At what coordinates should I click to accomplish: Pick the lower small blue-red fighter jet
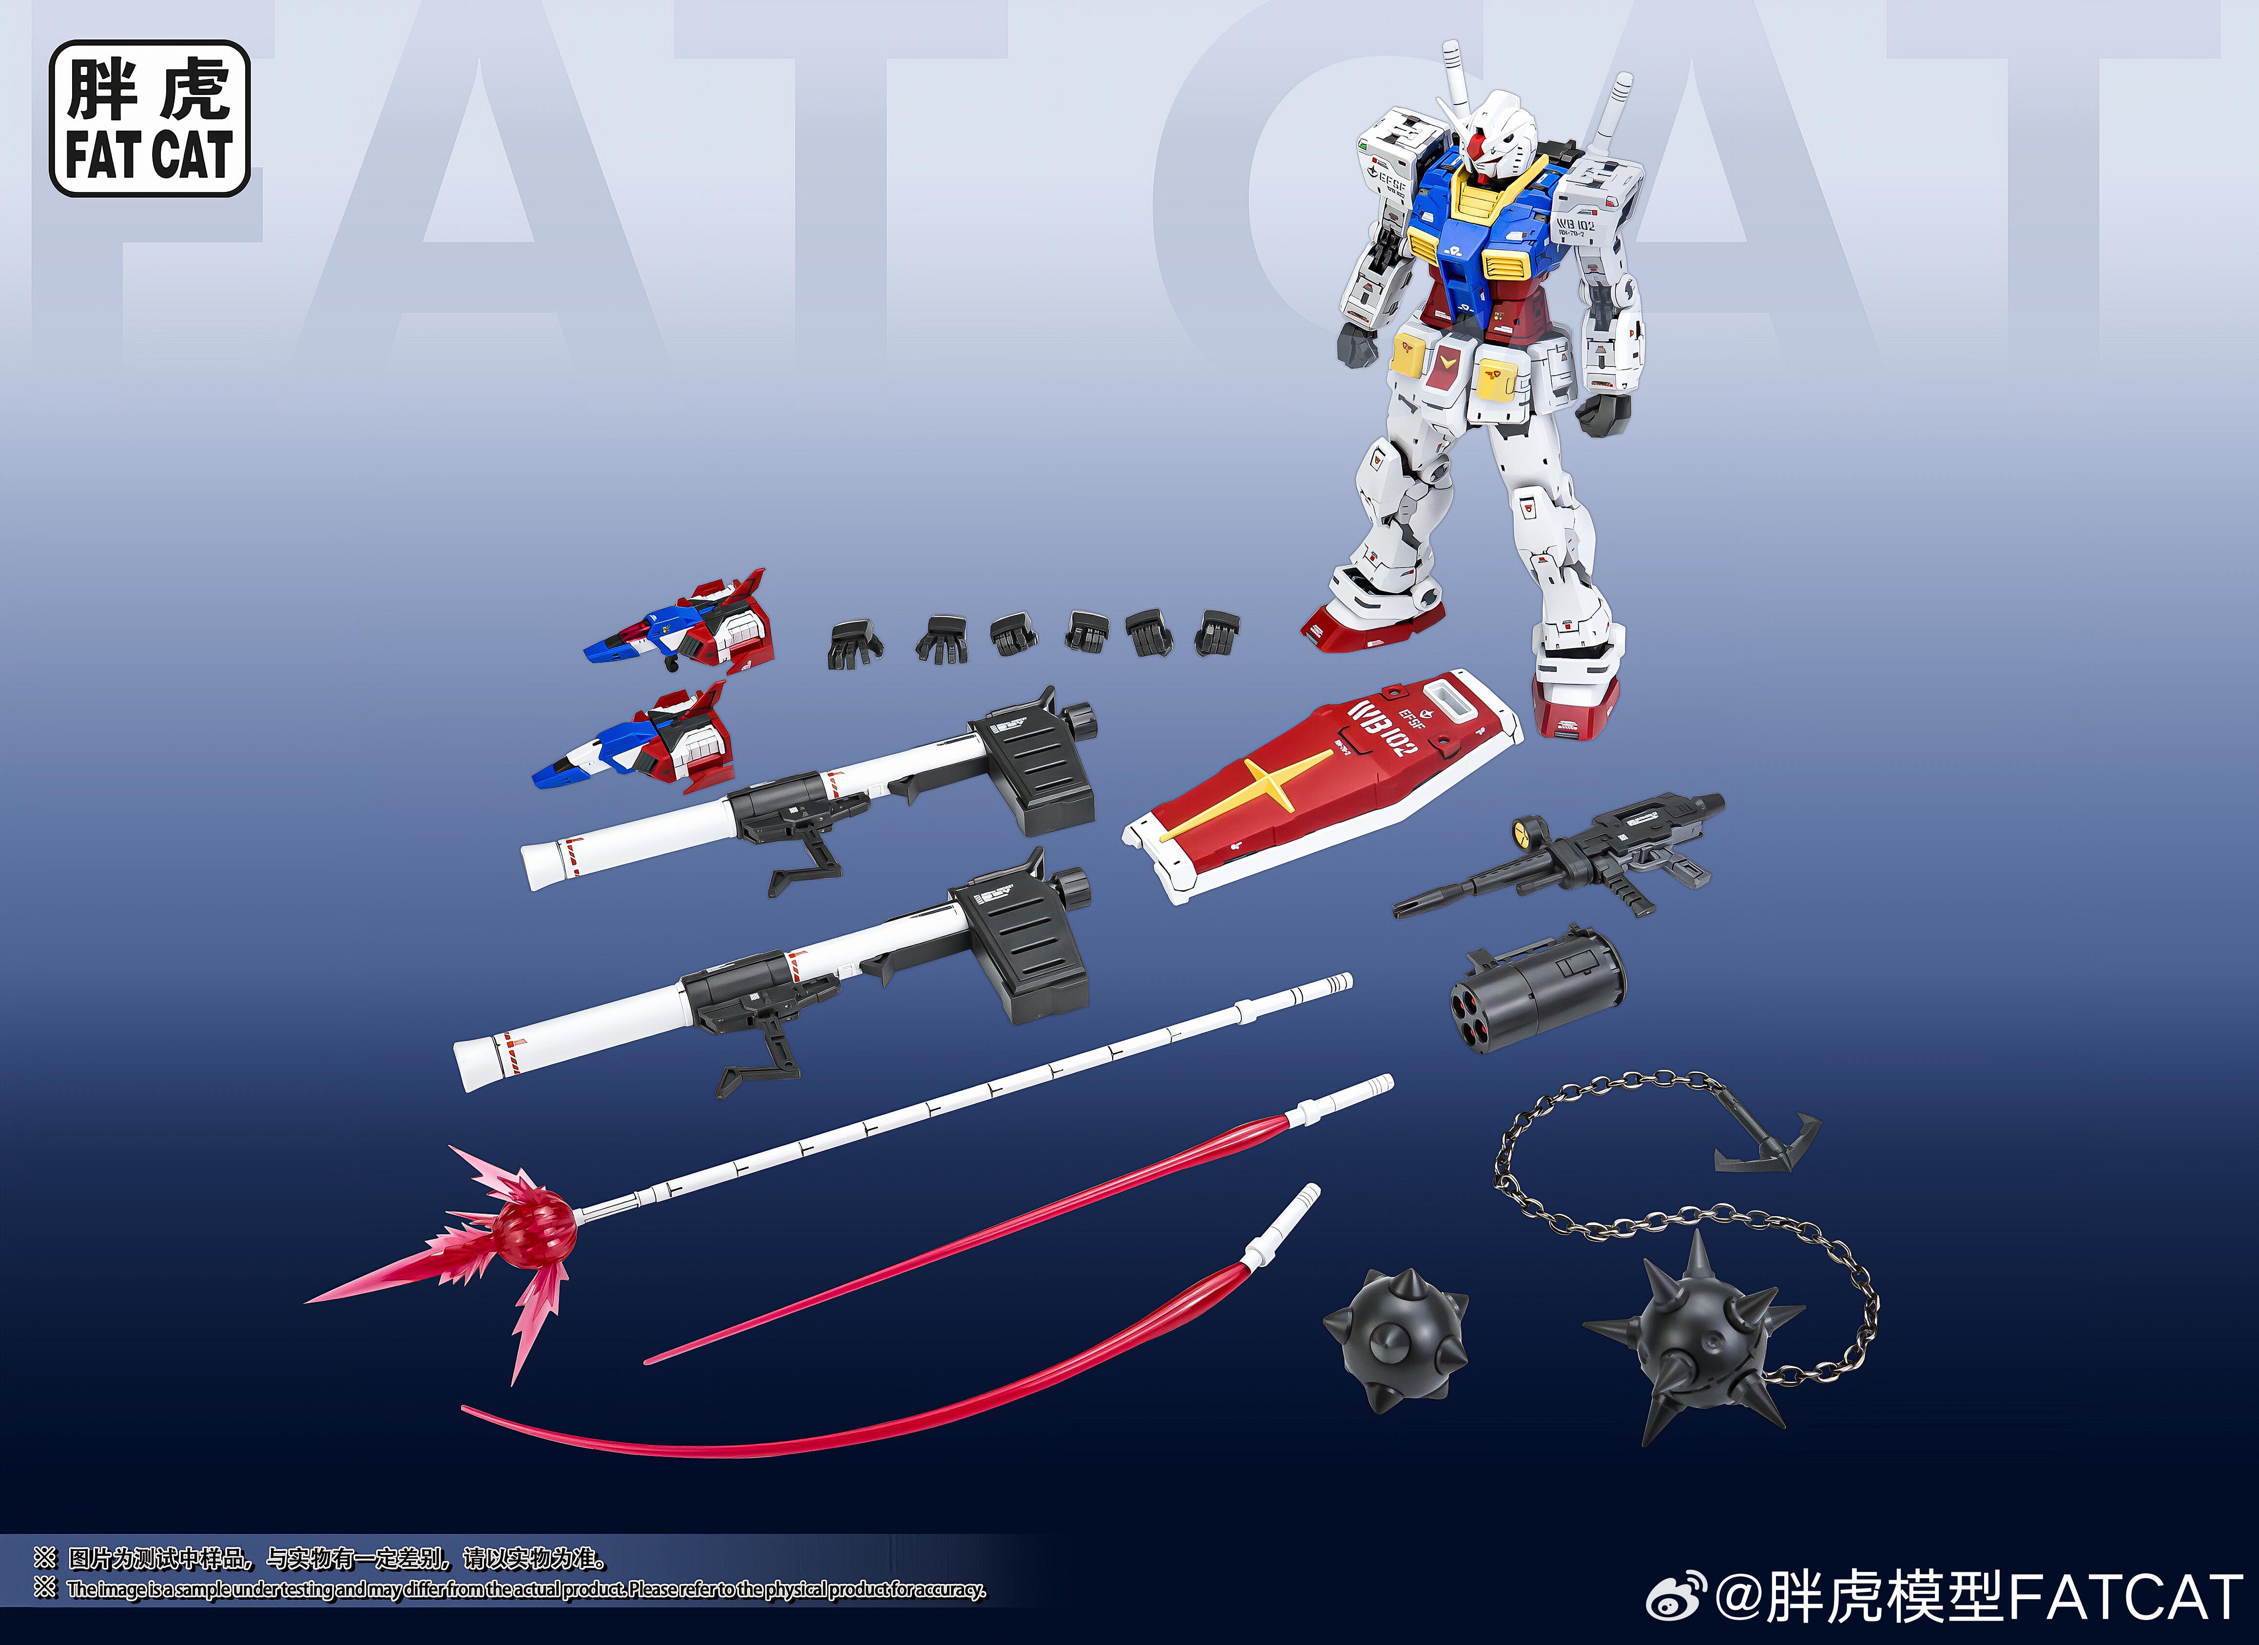(637, 742)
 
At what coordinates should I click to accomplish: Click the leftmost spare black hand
(853, 642)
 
